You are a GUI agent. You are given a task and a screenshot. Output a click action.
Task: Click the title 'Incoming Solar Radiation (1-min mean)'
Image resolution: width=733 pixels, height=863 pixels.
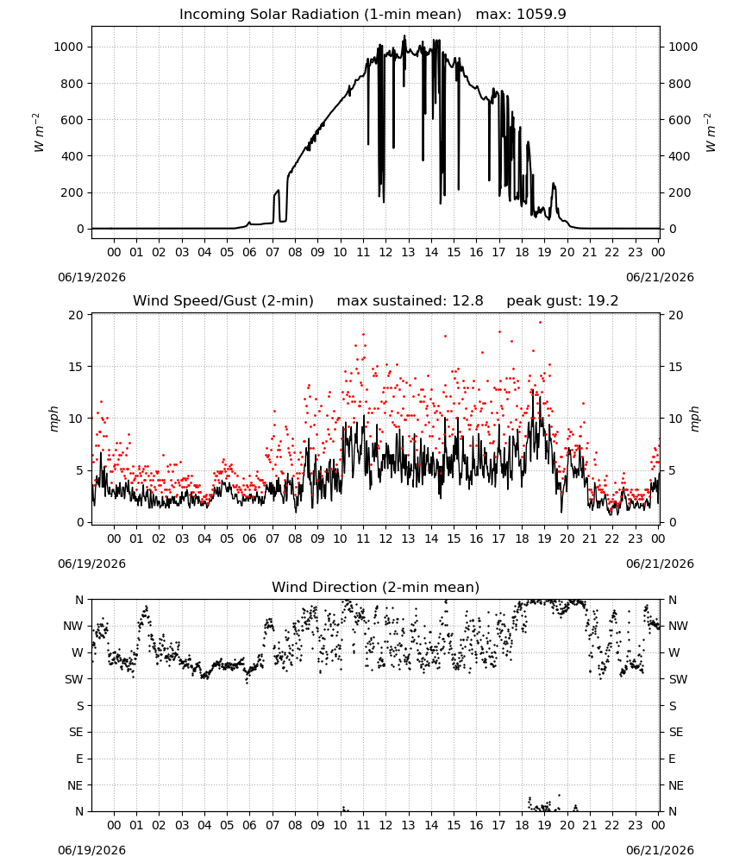[320, 15]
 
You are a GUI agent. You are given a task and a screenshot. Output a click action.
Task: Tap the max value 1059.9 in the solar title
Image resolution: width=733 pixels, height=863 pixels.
[542, 15]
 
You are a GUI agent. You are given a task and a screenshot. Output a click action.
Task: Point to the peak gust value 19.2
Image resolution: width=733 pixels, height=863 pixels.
[601, 301]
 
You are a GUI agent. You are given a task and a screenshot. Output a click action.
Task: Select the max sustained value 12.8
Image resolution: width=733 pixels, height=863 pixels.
[467, 301]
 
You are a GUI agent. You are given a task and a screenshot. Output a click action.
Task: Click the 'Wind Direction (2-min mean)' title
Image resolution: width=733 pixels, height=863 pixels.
[376, 587]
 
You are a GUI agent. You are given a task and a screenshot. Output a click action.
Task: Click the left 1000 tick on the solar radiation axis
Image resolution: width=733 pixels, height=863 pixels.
[68, 47]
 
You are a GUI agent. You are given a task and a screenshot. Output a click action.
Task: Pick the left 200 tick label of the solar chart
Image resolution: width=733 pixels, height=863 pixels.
[72, 192]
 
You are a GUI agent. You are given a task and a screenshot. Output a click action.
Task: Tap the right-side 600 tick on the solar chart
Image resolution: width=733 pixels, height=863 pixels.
[680, 120]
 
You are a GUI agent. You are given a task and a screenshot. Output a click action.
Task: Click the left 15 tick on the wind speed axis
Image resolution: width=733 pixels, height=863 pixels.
[76, 367]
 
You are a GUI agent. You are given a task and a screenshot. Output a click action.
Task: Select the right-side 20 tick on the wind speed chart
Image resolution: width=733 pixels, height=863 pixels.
[676, 315]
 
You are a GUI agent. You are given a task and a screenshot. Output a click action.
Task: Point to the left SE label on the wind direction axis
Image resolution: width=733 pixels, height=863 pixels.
[76, 732]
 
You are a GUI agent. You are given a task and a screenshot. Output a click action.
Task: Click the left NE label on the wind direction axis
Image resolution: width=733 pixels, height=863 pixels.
[75, 785]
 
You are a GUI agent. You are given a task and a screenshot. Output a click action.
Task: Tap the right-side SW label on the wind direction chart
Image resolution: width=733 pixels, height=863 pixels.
[678, 679]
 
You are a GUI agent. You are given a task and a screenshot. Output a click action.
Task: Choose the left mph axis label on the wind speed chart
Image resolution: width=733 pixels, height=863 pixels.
[53, 419]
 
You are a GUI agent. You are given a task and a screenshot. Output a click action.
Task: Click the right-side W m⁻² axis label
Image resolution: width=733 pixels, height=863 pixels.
[710, 133]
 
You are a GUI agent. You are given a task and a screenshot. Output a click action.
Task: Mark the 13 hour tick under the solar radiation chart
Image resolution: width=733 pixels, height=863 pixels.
[408, 252]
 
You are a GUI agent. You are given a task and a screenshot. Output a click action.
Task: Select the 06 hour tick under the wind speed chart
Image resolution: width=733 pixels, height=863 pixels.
[249, 539]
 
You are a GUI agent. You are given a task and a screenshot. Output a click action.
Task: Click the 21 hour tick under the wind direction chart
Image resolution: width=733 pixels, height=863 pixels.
[590, 825]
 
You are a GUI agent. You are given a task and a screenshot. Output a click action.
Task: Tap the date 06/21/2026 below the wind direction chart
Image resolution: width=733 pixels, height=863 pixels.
[660, 850]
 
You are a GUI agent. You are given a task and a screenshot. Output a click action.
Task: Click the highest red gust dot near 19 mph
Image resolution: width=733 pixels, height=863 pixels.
[540, 323]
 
